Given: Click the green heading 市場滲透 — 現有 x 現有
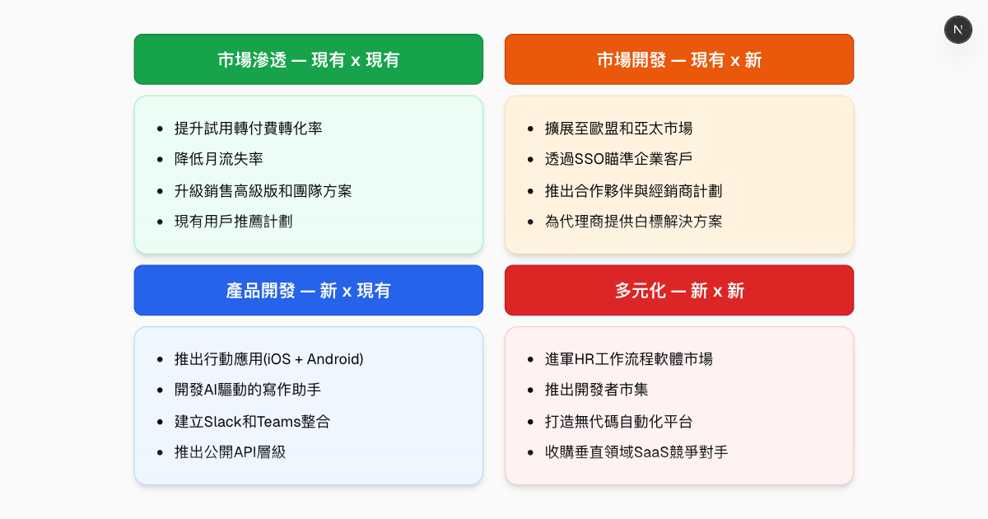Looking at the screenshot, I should [x=309, y=59].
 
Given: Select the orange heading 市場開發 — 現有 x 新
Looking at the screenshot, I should [x=679, y=59].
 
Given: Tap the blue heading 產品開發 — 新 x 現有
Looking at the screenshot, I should [x=309, y=290].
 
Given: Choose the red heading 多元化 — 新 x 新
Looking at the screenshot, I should [x=679, y=290].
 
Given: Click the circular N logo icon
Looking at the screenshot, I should [x=958, y=30].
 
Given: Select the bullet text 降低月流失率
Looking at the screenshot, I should [x=218, y=159].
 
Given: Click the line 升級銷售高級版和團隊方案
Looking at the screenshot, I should [x=263, y=190].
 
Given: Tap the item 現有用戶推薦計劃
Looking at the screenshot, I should [x=233, y=221].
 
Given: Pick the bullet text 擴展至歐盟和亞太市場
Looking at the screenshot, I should [x=618, y=129].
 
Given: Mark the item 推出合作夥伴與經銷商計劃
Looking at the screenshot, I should [x=633, y=190].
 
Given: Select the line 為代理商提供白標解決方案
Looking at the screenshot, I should [x=633, y=221].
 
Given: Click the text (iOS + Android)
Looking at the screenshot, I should [x=314, y=359].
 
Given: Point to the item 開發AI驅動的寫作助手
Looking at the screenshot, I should [x=256, y=390].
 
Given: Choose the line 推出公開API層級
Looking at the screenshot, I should [x=230, y=451].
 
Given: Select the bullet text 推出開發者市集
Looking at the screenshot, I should [x=596, y=390].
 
